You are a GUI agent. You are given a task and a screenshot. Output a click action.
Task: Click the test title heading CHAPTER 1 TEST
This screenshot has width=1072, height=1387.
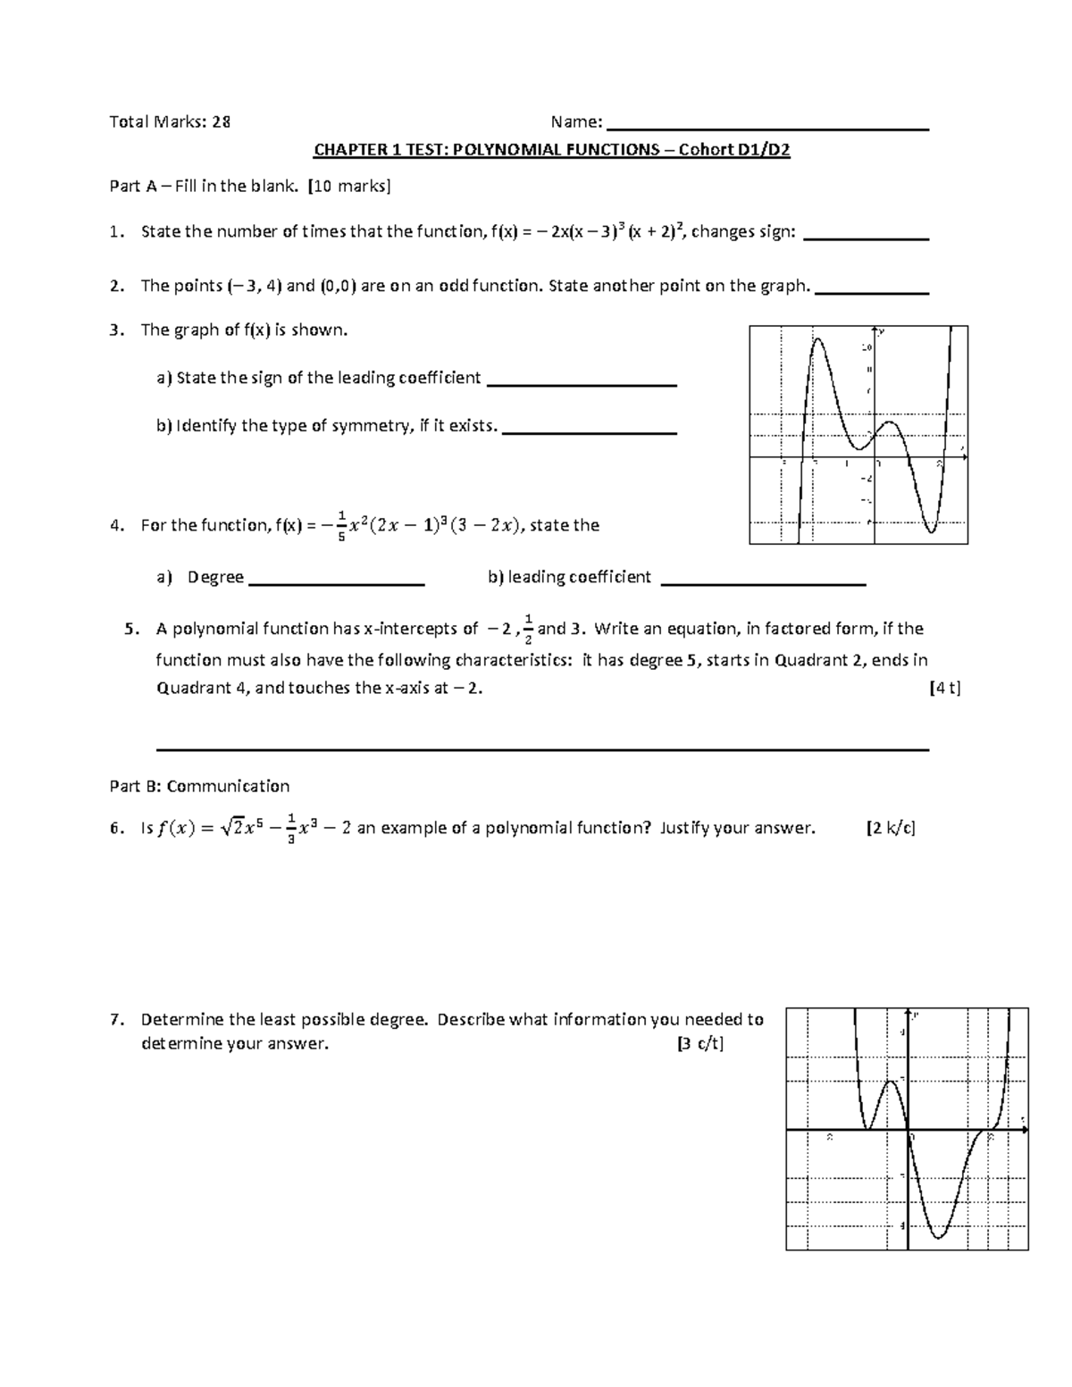[x=551, y=150]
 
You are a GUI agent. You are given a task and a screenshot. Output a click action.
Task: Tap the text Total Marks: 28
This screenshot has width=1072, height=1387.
[x=170, y=122]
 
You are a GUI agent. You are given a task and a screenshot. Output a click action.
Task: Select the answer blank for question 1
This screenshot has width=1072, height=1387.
[x=867, y=238]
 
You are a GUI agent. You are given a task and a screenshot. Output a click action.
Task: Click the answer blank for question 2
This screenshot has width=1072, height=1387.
[x=873, y=292]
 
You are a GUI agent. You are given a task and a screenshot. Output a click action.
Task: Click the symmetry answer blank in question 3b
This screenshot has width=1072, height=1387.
[x=590, y=432]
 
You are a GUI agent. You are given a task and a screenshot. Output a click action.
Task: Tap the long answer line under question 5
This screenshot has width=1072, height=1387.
[x=542, y=749]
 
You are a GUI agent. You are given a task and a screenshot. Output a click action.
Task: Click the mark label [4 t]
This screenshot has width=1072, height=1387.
[x=944, y=689]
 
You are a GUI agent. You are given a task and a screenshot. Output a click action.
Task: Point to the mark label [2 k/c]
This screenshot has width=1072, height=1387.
[x=891, y=828]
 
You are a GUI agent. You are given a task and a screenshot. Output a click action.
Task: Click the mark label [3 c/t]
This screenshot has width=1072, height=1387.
[x=700, y=1044]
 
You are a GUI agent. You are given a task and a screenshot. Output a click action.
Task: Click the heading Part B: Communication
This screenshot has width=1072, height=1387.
[x=199, y=786]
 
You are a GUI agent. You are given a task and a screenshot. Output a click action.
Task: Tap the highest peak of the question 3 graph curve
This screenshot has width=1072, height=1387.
[x=816, y=339]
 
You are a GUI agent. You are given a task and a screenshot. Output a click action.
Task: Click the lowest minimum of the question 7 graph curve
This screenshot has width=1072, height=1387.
[x=939, y=1237]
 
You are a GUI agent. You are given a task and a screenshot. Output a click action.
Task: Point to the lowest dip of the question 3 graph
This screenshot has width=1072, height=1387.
[x=931, y=532]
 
